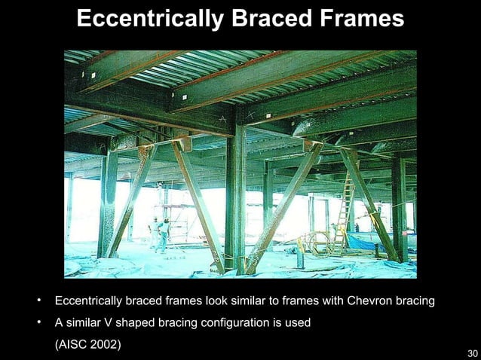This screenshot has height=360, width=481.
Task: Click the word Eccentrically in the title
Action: pos(147,20)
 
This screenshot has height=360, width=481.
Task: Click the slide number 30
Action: pos(472,353)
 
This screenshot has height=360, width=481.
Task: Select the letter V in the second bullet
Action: pos(109,323)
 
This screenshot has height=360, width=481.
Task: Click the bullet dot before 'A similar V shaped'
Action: pos(37,323)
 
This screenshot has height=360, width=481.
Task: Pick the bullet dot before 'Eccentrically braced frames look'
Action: pos(37,302)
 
